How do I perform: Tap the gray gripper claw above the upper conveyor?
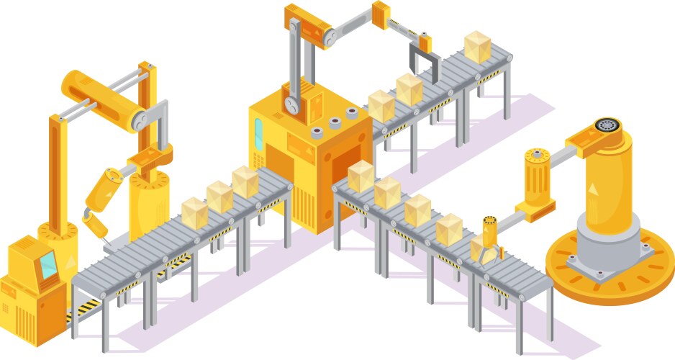click(x=422, y=58)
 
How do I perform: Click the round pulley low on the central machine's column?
click(x=291, y=104)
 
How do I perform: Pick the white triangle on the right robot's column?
click(x=594, y=188)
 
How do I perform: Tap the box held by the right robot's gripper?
click(x=481, y=249)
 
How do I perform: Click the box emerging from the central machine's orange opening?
click(x=361, y=175)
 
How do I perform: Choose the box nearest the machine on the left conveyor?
click(x=245, y=181)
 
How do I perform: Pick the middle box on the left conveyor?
click(x=219, y=196)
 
